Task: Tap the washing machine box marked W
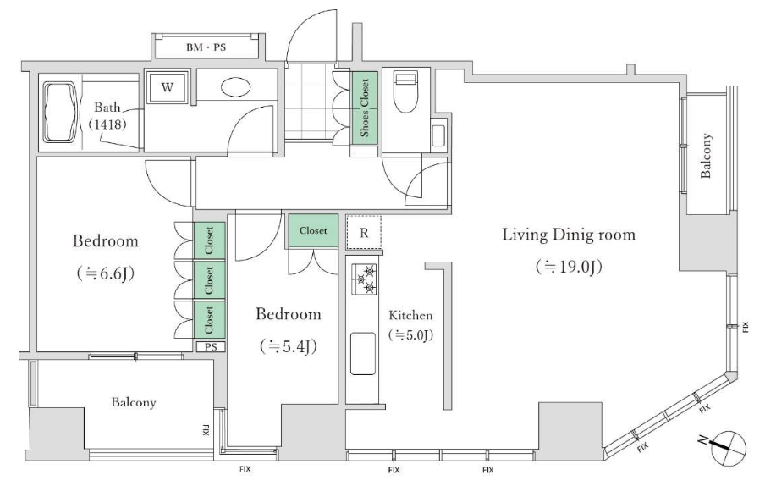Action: (167, 87)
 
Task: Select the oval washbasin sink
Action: (235, 87)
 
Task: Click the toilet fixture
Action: (406, 91)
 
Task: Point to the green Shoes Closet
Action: (365, 108)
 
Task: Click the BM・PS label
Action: (206, 47)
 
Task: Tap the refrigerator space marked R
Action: (364, 233)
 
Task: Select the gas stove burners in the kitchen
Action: (364, 279)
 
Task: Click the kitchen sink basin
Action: (363, 354)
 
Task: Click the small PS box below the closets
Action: (211, 347)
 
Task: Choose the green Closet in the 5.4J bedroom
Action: (313, 230)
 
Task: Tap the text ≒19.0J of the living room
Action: (569, 267)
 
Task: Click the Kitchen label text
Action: (410, 315)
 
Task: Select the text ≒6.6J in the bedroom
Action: (105, 273)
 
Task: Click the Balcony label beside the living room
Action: (706, 156)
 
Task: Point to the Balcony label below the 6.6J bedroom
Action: (134, 402)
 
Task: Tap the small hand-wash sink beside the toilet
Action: (438, 135)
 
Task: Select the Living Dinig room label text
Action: (569, 235)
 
